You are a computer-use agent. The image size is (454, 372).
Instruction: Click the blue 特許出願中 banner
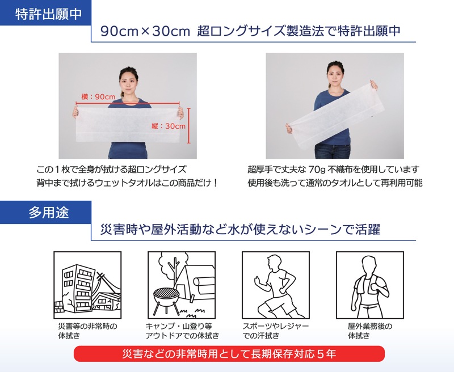[x=45, y=12]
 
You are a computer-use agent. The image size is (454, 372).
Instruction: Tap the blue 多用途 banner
[x=45, y=212]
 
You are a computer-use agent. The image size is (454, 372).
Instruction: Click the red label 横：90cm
[x=98, y=96]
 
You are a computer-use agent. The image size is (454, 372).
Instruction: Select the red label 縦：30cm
[x=169, y=126]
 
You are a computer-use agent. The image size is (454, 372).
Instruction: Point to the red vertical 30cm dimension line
[x=189, y=126]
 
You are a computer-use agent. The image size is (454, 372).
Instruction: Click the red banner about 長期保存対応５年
[x=229, y=354]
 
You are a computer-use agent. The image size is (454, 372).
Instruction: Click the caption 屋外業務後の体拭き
[x=370, y=331]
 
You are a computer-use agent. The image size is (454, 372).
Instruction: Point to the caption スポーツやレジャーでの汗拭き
[x=276, y=331]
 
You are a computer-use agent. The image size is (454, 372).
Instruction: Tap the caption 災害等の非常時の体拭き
[x=88, y=331]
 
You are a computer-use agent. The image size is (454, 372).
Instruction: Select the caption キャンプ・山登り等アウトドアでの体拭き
[x=182, y=331]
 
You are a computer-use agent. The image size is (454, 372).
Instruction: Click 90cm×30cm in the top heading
[x=145, y=31]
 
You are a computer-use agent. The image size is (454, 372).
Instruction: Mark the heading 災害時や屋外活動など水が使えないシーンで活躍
[x=240, y=230]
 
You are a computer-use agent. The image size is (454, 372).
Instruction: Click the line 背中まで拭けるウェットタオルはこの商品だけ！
[x=127, y=183]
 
